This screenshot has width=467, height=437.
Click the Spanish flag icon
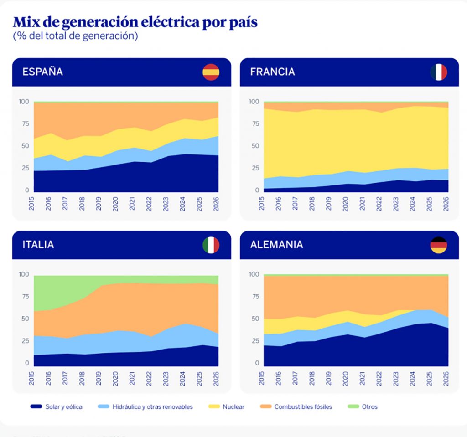[x=211, y=72]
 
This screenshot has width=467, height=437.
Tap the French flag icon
[x=438, y=72]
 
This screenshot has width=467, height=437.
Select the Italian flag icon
[x=211, y=245]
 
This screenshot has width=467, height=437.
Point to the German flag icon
[x=438, y=245]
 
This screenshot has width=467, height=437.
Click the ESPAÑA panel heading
[x=43, y=72]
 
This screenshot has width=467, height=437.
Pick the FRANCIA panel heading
[x=272, y=72]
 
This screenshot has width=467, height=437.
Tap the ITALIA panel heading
[x=38, y=245]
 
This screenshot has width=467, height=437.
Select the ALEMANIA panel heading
[x=276, y=245]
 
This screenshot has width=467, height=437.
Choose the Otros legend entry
[x=369, y=406]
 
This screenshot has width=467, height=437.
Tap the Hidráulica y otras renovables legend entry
[x=152, y=406]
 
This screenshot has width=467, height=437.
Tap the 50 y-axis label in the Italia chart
[x=23, y=319]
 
